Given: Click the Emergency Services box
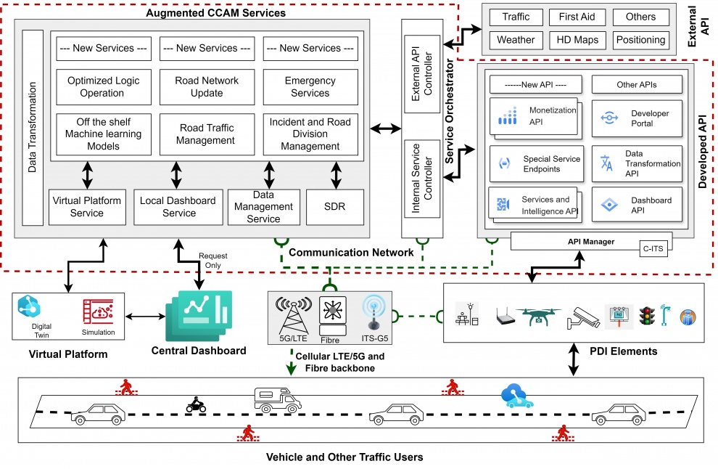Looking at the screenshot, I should [x=310, y=87].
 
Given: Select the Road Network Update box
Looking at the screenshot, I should [x=207, y=87].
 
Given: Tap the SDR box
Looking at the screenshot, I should [x=335, y=206].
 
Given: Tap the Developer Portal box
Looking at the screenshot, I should [x=637, y=119].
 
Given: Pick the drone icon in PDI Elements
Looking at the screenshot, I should [x=538, y=314].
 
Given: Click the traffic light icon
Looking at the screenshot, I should [x=645, y=315].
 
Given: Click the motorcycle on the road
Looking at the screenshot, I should [x=197, y=405].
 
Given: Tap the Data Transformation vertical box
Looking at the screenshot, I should [x=33, y=127].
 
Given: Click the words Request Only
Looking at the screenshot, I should [x=214, y=261].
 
